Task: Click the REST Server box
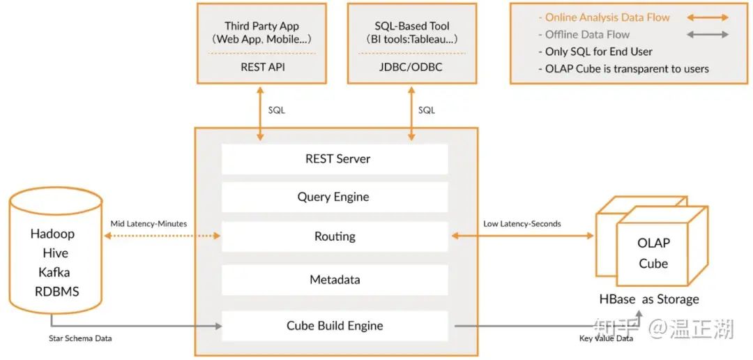click(335, 159)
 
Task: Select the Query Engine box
click(335, 197)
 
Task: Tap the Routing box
click(335, 237)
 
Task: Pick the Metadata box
click(335, 280)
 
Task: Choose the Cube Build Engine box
click(335, 326)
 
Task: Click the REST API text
click(262, 67)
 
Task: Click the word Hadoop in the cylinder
click(52, 234)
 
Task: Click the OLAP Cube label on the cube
click(653, 253)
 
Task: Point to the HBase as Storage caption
click(648, 299)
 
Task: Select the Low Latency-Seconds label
click(522, 224)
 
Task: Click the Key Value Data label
click(606, 338)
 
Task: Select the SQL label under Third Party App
click(276, 110)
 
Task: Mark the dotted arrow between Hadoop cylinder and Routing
click(161, 237)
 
